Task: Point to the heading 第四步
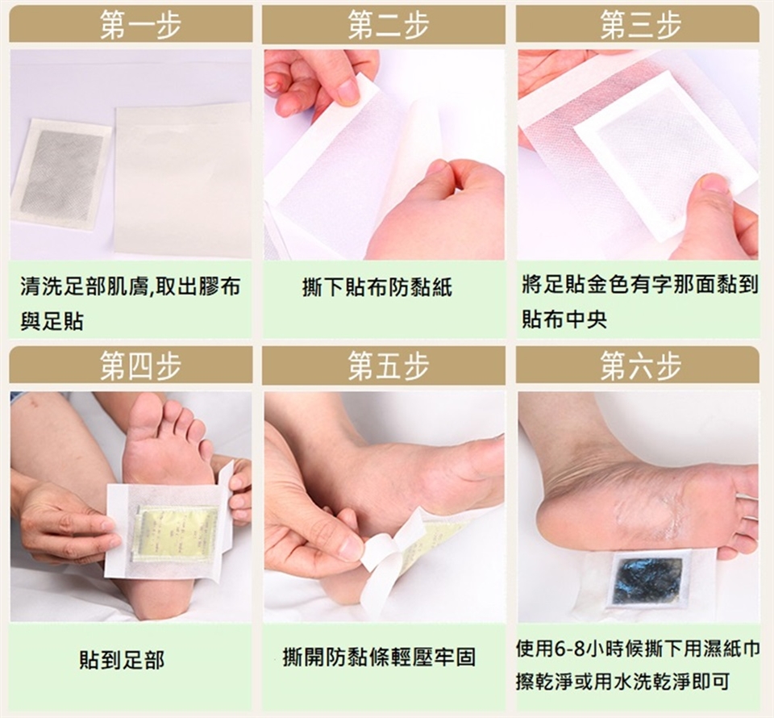140,366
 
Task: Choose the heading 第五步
388,366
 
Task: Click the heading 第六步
641,366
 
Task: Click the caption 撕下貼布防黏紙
377,287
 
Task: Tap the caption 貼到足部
122,660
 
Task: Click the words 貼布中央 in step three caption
564,319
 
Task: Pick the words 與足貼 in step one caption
52,321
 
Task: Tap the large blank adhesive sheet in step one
183,180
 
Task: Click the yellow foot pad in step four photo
175,532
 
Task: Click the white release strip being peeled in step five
390,558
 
